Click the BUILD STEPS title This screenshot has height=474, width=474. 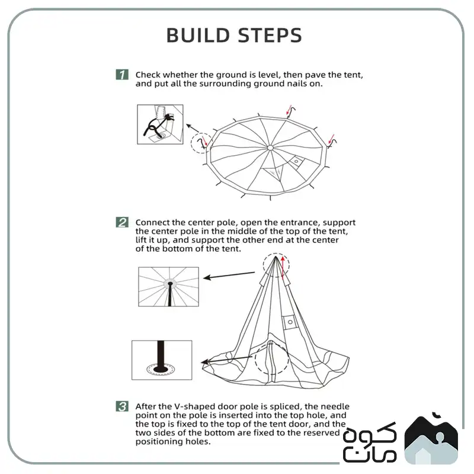[234, 35]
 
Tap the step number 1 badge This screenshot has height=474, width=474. [122, 75]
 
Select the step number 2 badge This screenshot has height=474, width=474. [122, 222]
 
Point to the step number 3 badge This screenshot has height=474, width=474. [122, 406]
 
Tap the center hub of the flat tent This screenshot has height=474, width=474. [270, 148]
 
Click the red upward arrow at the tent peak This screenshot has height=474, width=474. [283, 267]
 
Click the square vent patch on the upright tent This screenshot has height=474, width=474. [290, 322]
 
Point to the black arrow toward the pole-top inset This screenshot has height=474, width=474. [229, 275]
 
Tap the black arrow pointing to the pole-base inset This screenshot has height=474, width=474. [227, 360]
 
